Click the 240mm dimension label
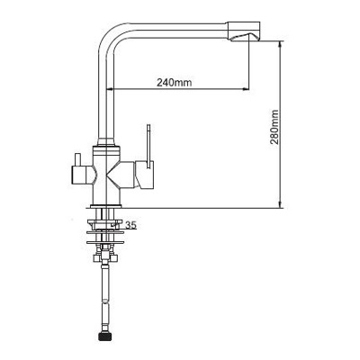(174, 82)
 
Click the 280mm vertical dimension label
(274, 127)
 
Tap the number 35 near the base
(131, 225)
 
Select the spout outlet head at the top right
(244, 31)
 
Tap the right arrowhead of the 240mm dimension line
(246, 89)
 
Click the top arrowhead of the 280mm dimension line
(280, 44)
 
